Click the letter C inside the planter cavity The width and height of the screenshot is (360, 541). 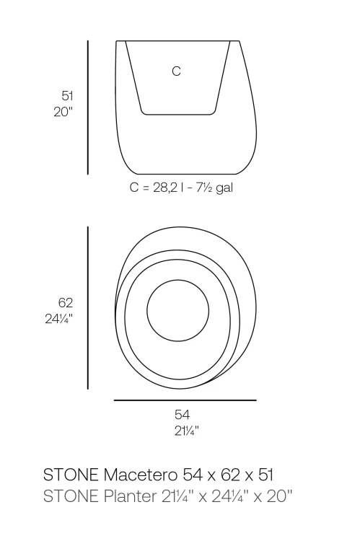176,71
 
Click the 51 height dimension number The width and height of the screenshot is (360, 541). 67,95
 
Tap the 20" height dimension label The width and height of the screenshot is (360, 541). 63,112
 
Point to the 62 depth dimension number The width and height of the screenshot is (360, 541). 66,302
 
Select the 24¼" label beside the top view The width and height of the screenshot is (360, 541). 58,319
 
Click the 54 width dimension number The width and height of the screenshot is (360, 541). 182,414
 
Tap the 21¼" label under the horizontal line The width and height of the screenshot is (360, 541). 187,431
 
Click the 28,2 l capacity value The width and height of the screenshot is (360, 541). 168,188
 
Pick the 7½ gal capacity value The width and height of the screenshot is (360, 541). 214,188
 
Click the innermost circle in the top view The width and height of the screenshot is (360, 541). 177,280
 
